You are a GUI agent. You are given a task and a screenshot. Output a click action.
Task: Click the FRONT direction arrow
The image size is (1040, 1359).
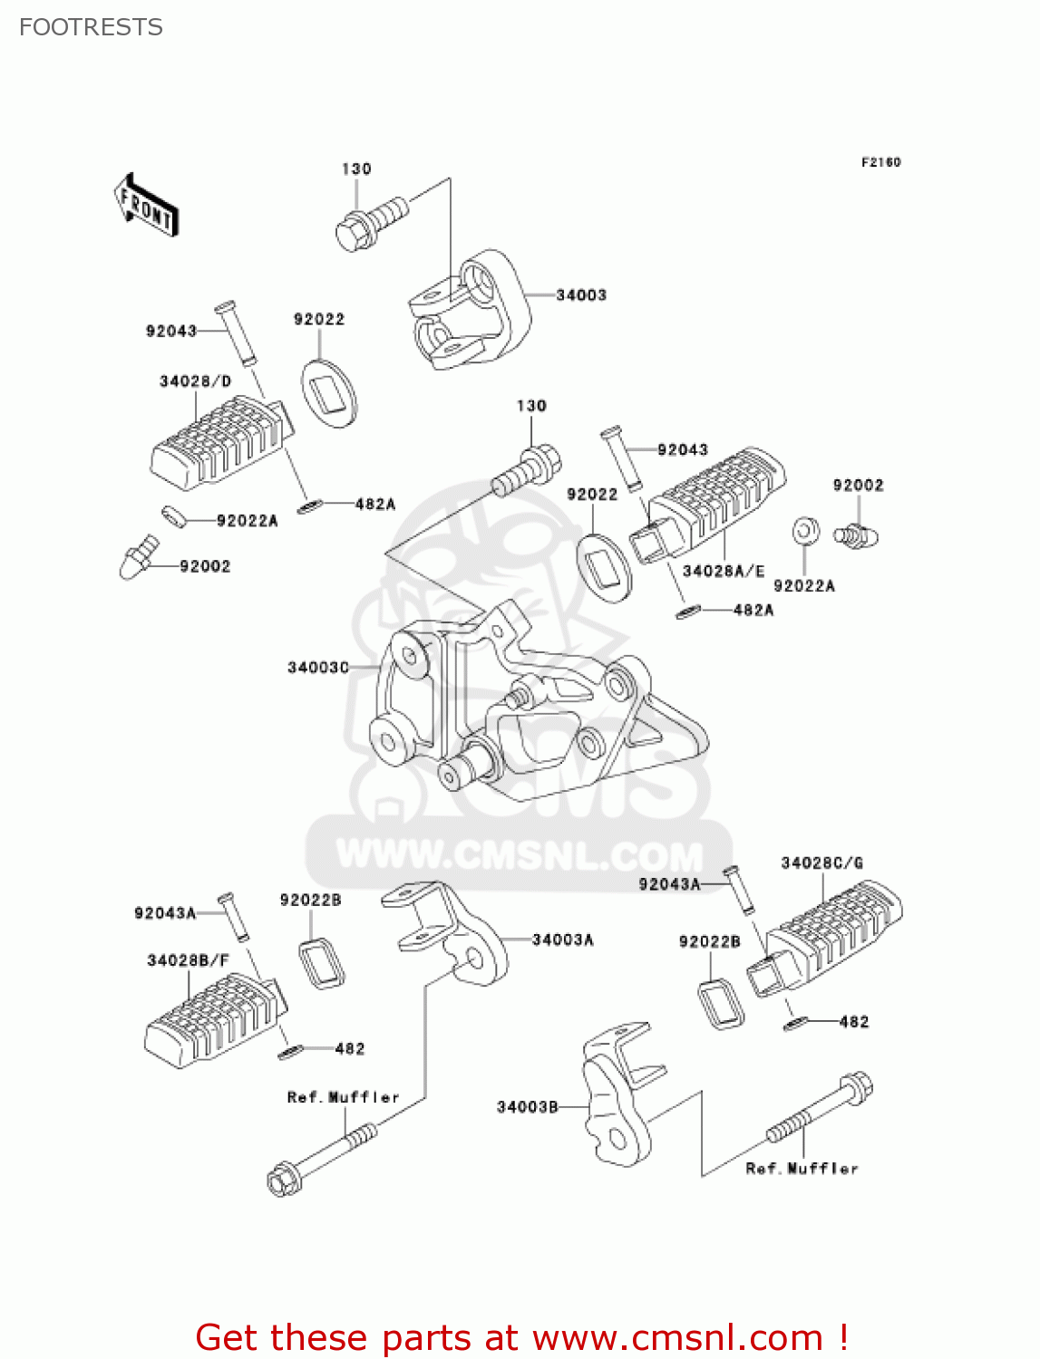click(x=146, y=206)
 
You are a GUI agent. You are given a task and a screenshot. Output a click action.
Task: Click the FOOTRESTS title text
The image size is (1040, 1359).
click(x=91, y=27)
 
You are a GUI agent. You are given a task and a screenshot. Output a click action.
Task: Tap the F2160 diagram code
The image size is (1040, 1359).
click(x=880, y=162)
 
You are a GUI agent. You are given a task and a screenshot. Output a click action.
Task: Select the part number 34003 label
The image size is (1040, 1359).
click(x=581, y=295)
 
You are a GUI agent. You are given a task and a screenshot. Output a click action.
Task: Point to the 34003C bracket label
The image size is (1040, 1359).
click(x=318, y=668)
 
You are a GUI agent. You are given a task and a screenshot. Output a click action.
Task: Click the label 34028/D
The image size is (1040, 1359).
click(x=195, y=381)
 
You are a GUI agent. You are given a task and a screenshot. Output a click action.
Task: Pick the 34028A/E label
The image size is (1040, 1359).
click(x=723, y=571)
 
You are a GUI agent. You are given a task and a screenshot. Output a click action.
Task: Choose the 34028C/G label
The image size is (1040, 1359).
click(x=821, y=863)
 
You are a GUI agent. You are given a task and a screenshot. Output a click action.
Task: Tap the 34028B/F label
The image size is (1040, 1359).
click(x=188, y=960)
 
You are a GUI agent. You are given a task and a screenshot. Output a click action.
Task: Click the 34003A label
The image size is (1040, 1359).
click(x=562, y=940)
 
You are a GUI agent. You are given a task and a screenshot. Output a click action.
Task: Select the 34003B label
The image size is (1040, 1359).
click(x=528, y=1107)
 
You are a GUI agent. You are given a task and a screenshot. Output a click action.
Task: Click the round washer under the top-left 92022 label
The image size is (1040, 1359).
click(x=328, y=392)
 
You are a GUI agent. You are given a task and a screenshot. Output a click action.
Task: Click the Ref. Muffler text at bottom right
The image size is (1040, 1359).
click(x=802, y=1169)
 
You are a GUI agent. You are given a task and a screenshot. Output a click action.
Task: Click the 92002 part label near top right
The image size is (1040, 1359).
click(x=858, y=486)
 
